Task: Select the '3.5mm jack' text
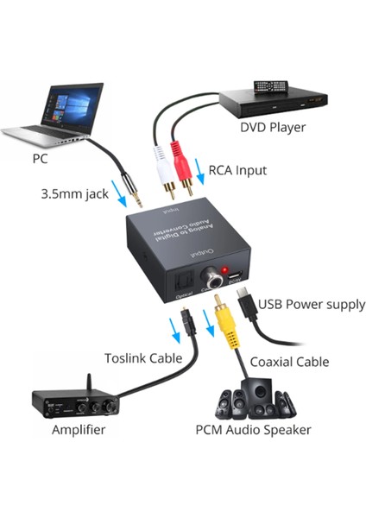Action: (74, 193)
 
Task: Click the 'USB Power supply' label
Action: (312, 304)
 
